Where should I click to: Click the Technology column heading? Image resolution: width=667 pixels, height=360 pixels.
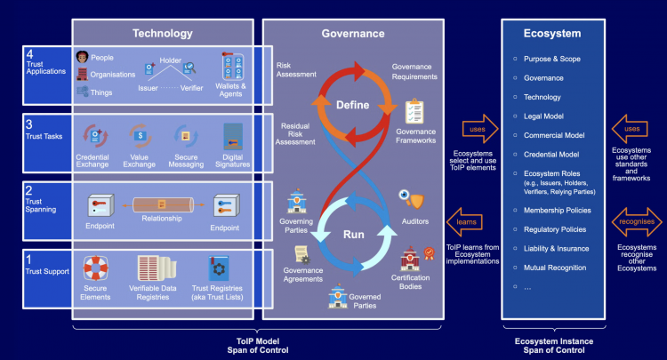coord(162,34)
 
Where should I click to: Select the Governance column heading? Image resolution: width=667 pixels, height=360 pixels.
coord(353,34)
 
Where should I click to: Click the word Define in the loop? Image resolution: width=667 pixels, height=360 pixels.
coord(352,105)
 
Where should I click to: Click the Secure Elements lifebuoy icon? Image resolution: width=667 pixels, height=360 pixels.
coord(95,268)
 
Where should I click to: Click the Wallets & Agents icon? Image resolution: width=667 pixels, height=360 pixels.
coord(233,68)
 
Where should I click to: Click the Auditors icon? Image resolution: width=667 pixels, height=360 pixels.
coord(409,198)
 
